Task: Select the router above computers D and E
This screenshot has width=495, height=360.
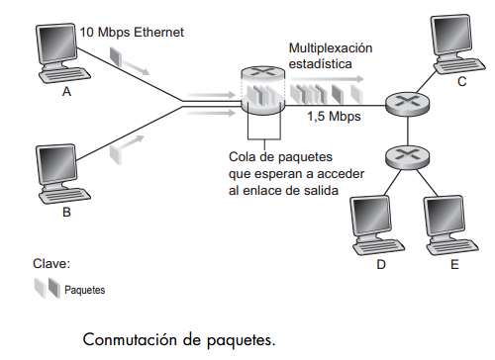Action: [x=402, y=154]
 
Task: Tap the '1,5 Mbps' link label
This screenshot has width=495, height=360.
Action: [x=334, y=116]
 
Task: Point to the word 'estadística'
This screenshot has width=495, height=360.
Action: [x=321, y=64]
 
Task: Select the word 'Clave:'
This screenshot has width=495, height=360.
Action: [x=50, y=264]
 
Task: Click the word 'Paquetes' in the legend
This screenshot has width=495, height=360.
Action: [x=84, y=291]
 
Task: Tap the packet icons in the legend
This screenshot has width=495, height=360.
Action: [x=46, y=289]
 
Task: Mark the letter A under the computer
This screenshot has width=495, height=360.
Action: [x=67, y=91]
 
